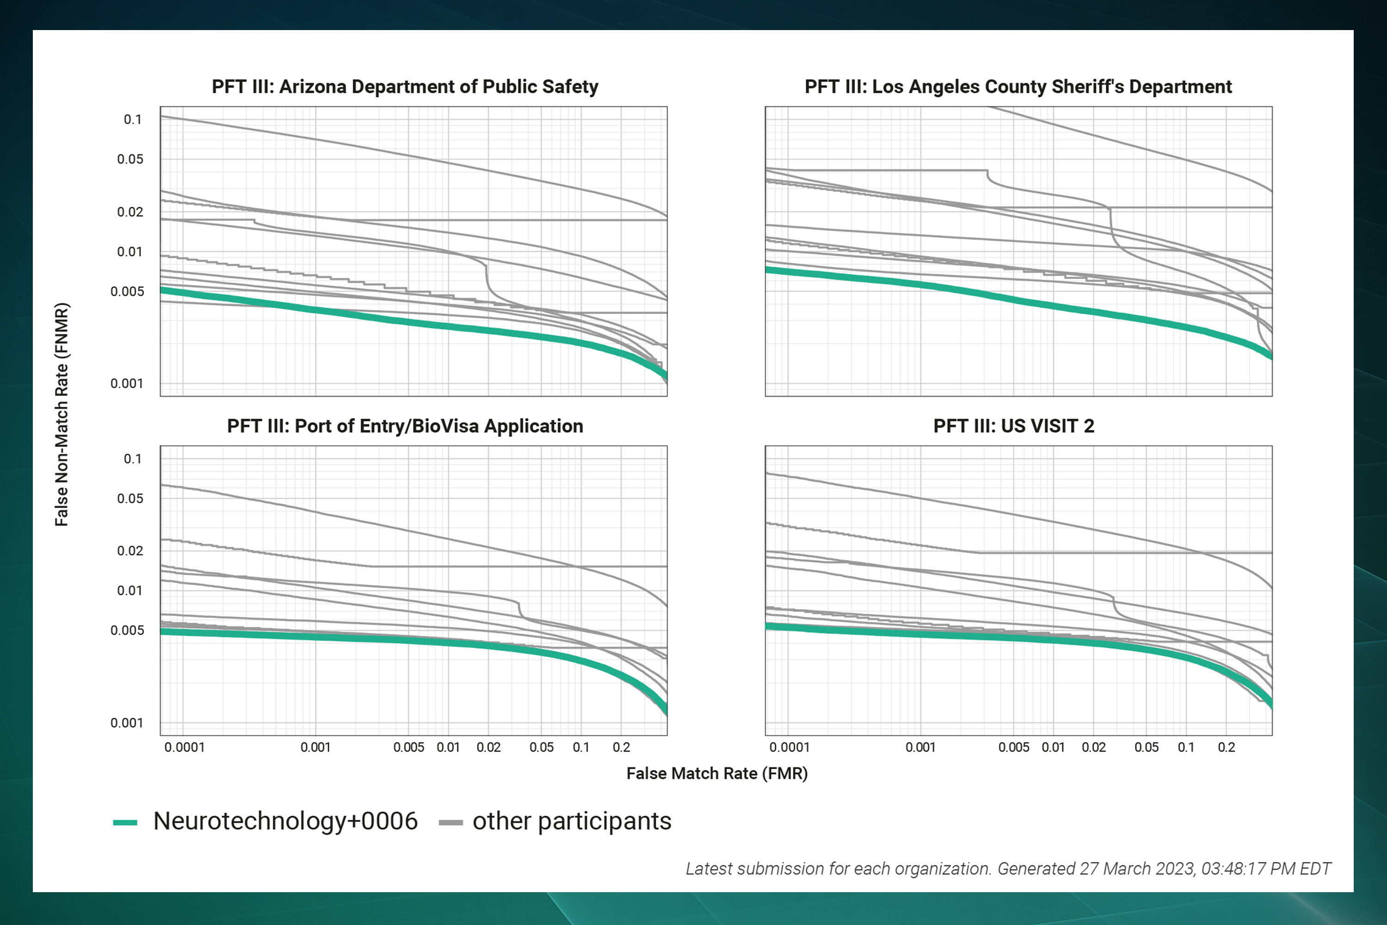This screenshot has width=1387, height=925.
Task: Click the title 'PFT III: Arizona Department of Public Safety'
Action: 405,87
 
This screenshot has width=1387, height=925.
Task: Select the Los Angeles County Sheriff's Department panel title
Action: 1018,87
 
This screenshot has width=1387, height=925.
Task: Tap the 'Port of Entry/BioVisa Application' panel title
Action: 405,426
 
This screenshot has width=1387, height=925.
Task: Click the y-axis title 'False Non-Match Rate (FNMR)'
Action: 62,414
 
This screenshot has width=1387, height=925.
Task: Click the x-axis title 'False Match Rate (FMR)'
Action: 717,773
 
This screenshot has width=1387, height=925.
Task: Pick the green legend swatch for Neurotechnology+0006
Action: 125,822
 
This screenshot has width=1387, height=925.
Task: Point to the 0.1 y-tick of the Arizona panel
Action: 133,120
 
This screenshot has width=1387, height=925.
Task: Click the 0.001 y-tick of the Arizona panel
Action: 127,383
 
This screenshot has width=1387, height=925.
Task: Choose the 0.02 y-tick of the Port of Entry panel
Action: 130,551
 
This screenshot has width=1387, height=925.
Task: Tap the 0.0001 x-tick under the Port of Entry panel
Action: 184,747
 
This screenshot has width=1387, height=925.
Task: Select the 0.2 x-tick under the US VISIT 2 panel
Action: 1227,747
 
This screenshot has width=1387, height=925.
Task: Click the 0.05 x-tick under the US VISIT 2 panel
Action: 1147,747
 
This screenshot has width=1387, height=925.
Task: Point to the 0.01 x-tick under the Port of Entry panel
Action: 448,747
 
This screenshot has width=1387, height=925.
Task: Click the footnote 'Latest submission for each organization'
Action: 837,869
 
